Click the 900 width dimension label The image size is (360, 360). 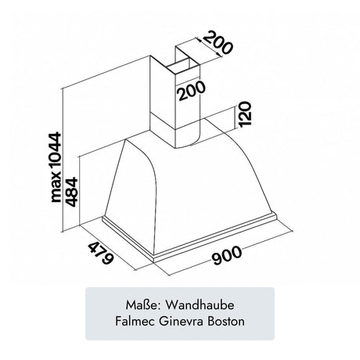tap(226, 255)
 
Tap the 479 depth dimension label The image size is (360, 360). tap(101, 253)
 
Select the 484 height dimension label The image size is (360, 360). tap(70, 192)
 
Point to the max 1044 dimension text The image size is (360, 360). tap(56, 167)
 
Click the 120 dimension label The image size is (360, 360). tap(244, 114)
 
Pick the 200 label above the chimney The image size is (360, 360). tap(217, 42)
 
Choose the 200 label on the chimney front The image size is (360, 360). tap(192, 91)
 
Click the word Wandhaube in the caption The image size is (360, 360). tap(200, 305)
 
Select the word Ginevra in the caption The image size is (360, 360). tap(181, 321)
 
